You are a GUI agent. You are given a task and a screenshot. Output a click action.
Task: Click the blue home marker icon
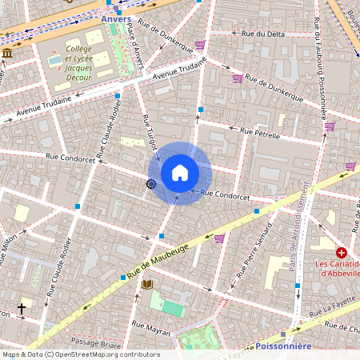pyautogui.click(x=180, y=173)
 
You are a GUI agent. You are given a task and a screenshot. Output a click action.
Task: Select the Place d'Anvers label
pyautogui.click(x=123, y=50)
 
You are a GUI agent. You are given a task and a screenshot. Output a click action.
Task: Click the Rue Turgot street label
pyautogui.click(x=149, y=133)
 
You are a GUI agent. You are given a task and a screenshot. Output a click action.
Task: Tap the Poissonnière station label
pyautogui.click(x=285, y=346)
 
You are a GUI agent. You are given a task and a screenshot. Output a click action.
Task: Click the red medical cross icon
pyautogui.click(x=341, y=252)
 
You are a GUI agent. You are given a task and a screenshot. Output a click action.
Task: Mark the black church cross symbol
pyautogui.click(x=22, y=307)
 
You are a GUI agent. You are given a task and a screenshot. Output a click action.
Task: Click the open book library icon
pyautogui.click(x=147, y=284)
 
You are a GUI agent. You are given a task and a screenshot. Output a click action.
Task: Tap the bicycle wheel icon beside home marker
pyautogui.click(x=150, y=183)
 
